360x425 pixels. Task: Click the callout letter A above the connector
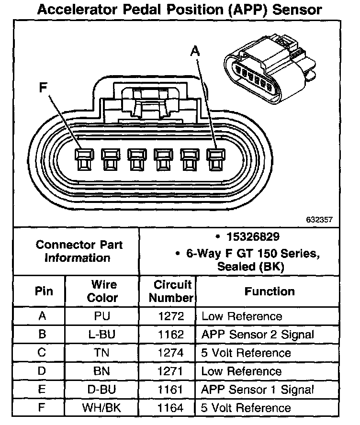tap(194, 50)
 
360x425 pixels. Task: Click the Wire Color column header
tap(102, 291)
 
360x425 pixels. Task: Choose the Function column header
tap(270, 291)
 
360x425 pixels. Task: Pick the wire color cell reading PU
tap(102, 316)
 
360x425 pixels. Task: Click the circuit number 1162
tap(170, 335)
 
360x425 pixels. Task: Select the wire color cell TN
tap(102, 353)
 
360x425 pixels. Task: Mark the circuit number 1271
tap(170, 371)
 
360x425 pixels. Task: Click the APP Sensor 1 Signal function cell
tap(258, 390)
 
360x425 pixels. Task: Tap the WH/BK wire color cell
tap(102, 408)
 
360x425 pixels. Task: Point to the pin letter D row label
tap(42, 371)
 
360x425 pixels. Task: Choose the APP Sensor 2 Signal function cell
tap(258, 335)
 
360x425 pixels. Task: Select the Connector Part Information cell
tap(79, 251)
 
